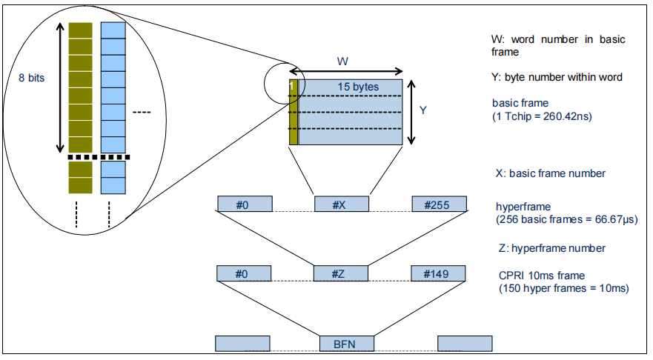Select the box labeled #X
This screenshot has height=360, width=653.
[x=341, y=204]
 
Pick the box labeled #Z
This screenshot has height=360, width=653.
[x=341, y=274]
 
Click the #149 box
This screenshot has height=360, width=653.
[x=440, y=274]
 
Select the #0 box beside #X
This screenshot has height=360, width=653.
[x=245, y=204]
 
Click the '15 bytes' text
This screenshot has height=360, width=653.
[x=358, y=87]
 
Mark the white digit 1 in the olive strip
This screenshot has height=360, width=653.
[x=292, y=87]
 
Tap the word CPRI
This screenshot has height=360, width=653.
[x=509, y=275]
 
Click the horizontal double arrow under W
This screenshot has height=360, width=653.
[x=346, y=72]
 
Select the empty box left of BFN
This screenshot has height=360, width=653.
[x=242, y=344]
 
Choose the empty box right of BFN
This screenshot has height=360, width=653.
[x=465, y=344]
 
